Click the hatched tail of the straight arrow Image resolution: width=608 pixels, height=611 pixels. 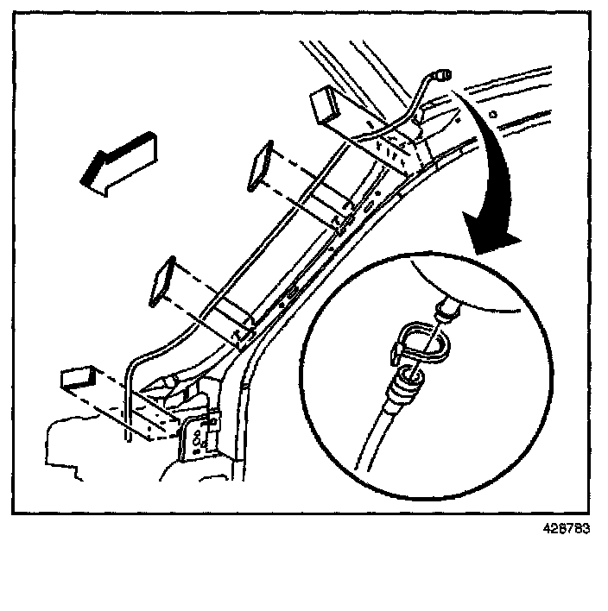click(x=138, y=154)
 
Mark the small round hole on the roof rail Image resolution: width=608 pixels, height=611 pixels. click(x=492, y=112)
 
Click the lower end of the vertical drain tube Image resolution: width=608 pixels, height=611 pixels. click(x=128, y=436)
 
